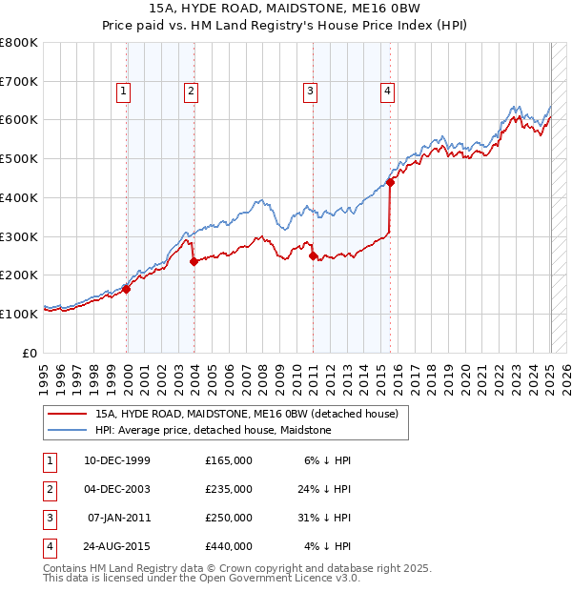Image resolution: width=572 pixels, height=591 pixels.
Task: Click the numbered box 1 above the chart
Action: [124, 92]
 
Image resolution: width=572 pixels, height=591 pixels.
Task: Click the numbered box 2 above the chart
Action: [191, 92]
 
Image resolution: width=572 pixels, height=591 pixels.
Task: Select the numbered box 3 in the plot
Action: [311, 92]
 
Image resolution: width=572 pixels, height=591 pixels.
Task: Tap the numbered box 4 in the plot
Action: [388, 92]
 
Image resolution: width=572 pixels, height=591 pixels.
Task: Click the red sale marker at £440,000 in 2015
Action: [391, 182]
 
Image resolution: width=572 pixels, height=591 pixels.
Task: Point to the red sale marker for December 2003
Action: [194, 261]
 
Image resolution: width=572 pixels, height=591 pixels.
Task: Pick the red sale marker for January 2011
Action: [314, 255]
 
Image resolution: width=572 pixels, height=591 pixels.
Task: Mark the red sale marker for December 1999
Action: [127, 289]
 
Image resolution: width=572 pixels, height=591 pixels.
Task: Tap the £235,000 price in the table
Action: [229, 489]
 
